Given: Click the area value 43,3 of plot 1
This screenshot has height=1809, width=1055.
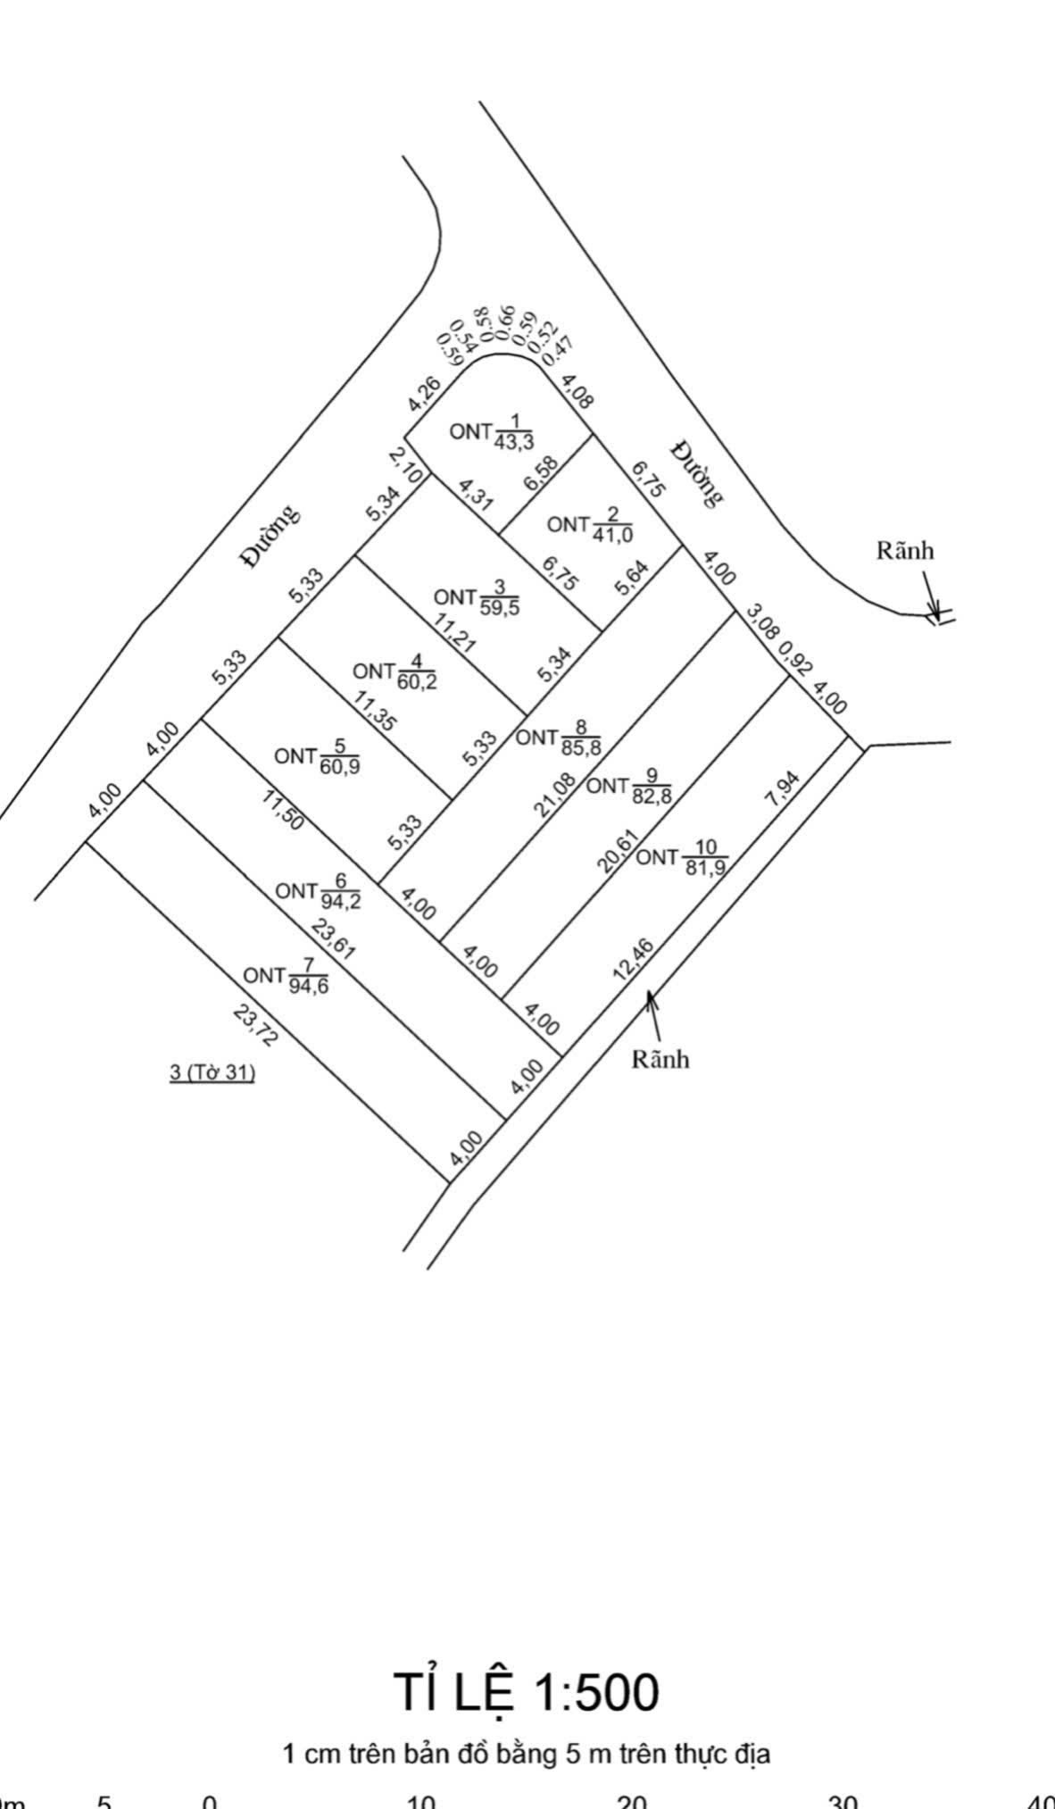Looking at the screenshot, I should coord(513,441).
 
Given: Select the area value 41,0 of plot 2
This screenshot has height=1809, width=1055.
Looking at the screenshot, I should coord(611,534).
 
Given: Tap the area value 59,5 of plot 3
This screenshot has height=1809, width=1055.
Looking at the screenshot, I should coord(500,607).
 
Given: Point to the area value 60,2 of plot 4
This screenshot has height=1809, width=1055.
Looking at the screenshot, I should coord(418,682).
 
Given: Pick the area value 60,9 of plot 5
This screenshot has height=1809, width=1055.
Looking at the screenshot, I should coord(340,765).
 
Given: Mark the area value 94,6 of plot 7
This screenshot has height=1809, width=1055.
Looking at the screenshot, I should coord(308,985).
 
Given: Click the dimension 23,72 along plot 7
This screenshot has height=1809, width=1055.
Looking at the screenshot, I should coord(256,1025).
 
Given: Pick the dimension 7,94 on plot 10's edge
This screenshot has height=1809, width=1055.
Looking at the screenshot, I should coord(783,790).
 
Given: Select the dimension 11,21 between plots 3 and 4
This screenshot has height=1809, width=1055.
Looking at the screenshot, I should coord(455,633).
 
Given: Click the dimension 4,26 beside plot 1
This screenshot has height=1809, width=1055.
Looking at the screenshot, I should coord(424,394).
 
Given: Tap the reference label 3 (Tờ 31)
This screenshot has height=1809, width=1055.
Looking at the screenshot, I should coord(212,1071).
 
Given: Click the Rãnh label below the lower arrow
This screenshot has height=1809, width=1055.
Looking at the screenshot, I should coord(660,1059).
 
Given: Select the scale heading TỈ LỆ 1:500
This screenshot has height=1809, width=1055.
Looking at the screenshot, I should coord(527,1692).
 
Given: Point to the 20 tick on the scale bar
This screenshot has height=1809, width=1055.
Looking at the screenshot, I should coord(632,1802).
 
